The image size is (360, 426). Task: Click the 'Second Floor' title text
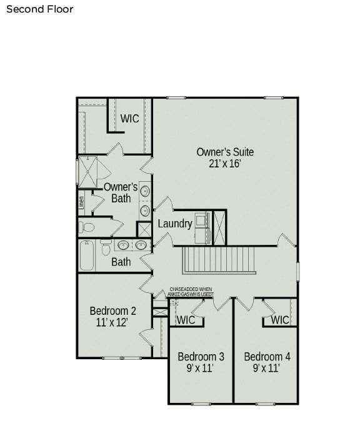coord(40,9)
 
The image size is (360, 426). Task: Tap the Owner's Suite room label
coord(225,152)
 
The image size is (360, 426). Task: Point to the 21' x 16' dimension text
coord(225,164)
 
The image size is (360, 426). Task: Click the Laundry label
coord(174,224)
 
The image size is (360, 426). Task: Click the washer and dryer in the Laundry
coord(202,227)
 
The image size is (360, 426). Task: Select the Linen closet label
coord(81,202)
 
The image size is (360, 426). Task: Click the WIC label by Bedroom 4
coord(279,320)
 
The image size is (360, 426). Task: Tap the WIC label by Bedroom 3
coord(186,320)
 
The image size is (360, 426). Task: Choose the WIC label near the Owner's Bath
coord(129,118)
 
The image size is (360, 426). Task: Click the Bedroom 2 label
coord(112,310)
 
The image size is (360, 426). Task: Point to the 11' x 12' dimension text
coord(112,323)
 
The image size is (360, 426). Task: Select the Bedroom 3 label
coord(201,357)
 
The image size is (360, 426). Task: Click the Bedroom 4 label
coord(267,357)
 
